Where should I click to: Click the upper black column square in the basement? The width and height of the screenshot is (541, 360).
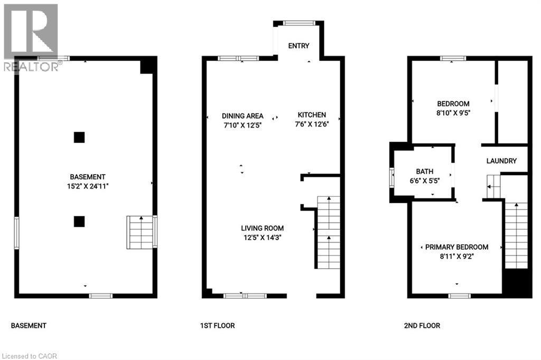(79, 137)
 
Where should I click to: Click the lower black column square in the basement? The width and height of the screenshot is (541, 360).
(79, 221)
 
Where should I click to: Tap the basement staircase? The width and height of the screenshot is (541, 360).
(140, 232)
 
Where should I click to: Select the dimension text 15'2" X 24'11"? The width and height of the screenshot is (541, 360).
(87, 186)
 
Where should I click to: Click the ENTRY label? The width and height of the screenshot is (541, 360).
(299, 46)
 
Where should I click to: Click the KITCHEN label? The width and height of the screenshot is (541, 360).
(312, 115)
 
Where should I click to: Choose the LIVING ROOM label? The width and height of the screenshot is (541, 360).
(262, 228)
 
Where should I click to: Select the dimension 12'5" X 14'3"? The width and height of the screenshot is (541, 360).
(262, 238)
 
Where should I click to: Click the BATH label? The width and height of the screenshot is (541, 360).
(424, 171)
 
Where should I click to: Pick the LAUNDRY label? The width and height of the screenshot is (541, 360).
(501, 161)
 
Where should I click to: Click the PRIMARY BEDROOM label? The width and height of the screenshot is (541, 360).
(456, 247)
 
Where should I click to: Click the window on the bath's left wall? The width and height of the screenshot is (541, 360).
(392, 177)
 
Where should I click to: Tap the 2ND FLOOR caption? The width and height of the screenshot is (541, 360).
(422, 326)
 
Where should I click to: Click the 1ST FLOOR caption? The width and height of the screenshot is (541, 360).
(218, 326)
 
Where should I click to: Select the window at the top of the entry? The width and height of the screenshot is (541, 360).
(299, 23)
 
